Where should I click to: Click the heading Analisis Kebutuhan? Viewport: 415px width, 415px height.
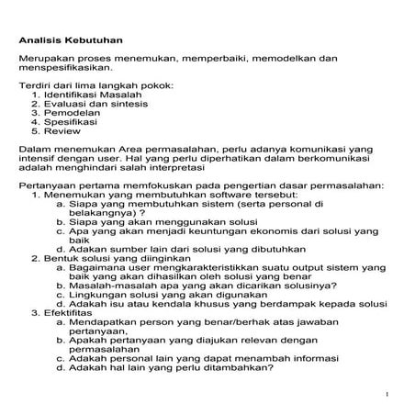[71, 41]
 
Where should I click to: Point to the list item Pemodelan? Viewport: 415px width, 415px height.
[72, 116]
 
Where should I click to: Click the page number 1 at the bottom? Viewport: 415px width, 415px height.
[388, 394]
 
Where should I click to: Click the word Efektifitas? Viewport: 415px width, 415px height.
[64, 314]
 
